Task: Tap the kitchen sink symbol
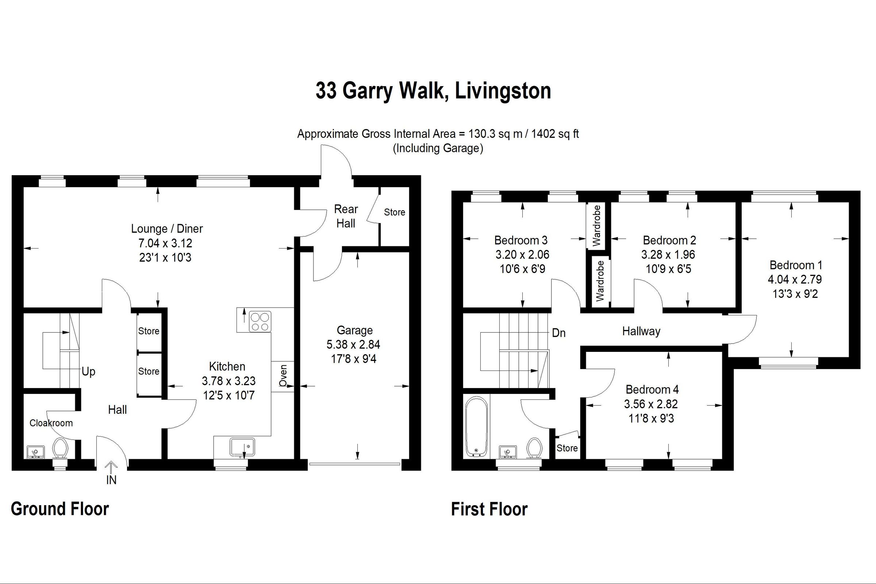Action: (242, 446)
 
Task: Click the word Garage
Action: (354, 330)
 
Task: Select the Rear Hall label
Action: (346, 216)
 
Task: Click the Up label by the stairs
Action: (88, 371)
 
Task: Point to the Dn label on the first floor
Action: (558, 333)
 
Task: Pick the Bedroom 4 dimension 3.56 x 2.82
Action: (651, 404)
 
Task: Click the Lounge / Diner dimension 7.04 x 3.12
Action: (165, 243)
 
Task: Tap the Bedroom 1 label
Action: (796, 265)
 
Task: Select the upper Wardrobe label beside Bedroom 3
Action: (597, 225)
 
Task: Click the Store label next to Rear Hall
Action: (395, 212)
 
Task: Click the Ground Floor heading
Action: (59, 509)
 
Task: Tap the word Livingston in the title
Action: (503, 91)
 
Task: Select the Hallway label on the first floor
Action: (641, 331)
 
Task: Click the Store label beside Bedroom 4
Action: (567, 448)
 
